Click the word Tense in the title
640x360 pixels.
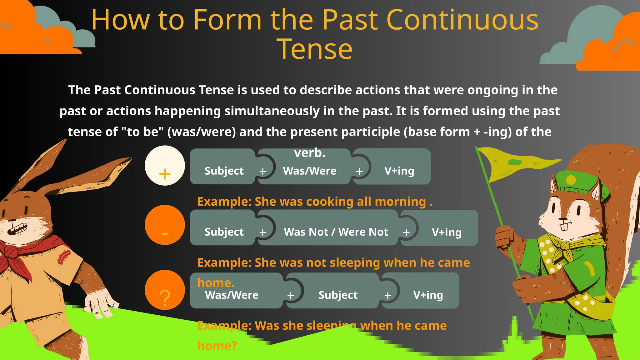coord(315,49)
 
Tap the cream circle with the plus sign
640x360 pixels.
coord(165,166)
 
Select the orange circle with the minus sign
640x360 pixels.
coord(165,225)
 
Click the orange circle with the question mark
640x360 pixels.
coord(165,290)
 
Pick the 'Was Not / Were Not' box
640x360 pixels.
coord(336,232)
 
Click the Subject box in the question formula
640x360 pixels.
coord(337,295)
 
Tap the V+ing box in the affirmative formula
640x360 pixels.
coord(399,171)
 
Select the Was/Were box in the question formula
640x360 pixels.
coord(232,295)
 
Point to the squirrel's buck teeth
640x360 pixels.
coord(564,226)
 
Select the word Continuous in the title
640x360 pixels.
coord(462,20)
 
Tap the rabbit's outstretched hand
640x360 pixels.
coord(100,305)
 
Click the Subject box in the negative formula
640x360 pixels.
coord(224,232)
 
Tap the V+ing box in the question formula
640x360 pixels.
coord(428,295)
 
